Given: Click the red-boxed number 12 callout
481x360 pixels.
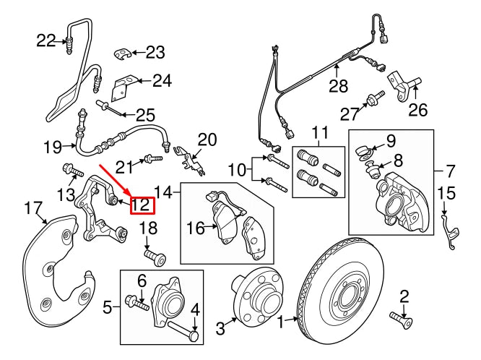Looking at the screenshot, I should [142, 205].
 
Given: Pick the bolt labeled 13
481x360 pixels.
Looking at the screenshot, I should [71, 171].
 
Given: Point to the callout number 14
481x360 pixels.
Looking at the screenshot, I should [165, 192].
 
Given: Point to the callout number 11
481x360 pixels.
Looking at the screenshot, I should [318, 132].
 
